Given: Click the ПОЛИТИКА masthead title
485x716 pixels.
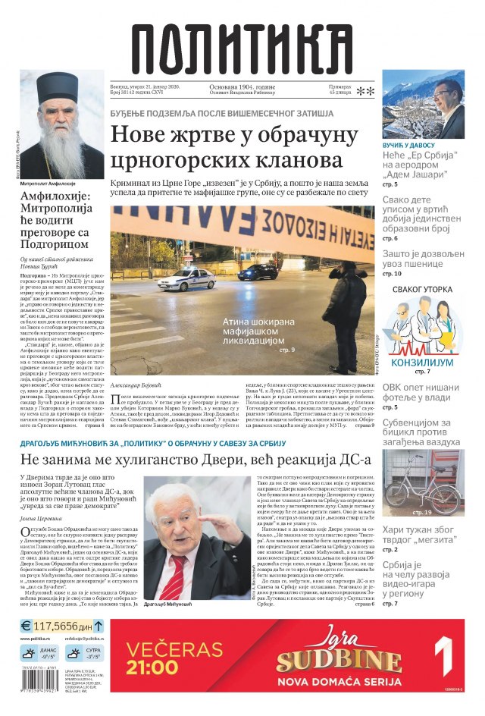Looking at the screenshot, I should click(242, 48).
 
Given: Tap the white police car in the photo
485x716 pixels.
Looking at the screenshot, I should click(186, 278).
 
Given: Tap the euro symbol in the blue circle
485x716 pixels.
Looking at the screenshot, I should click(26, 626).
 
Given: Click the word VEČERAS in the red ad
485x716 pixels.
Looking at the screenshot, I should click(174, 649).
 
